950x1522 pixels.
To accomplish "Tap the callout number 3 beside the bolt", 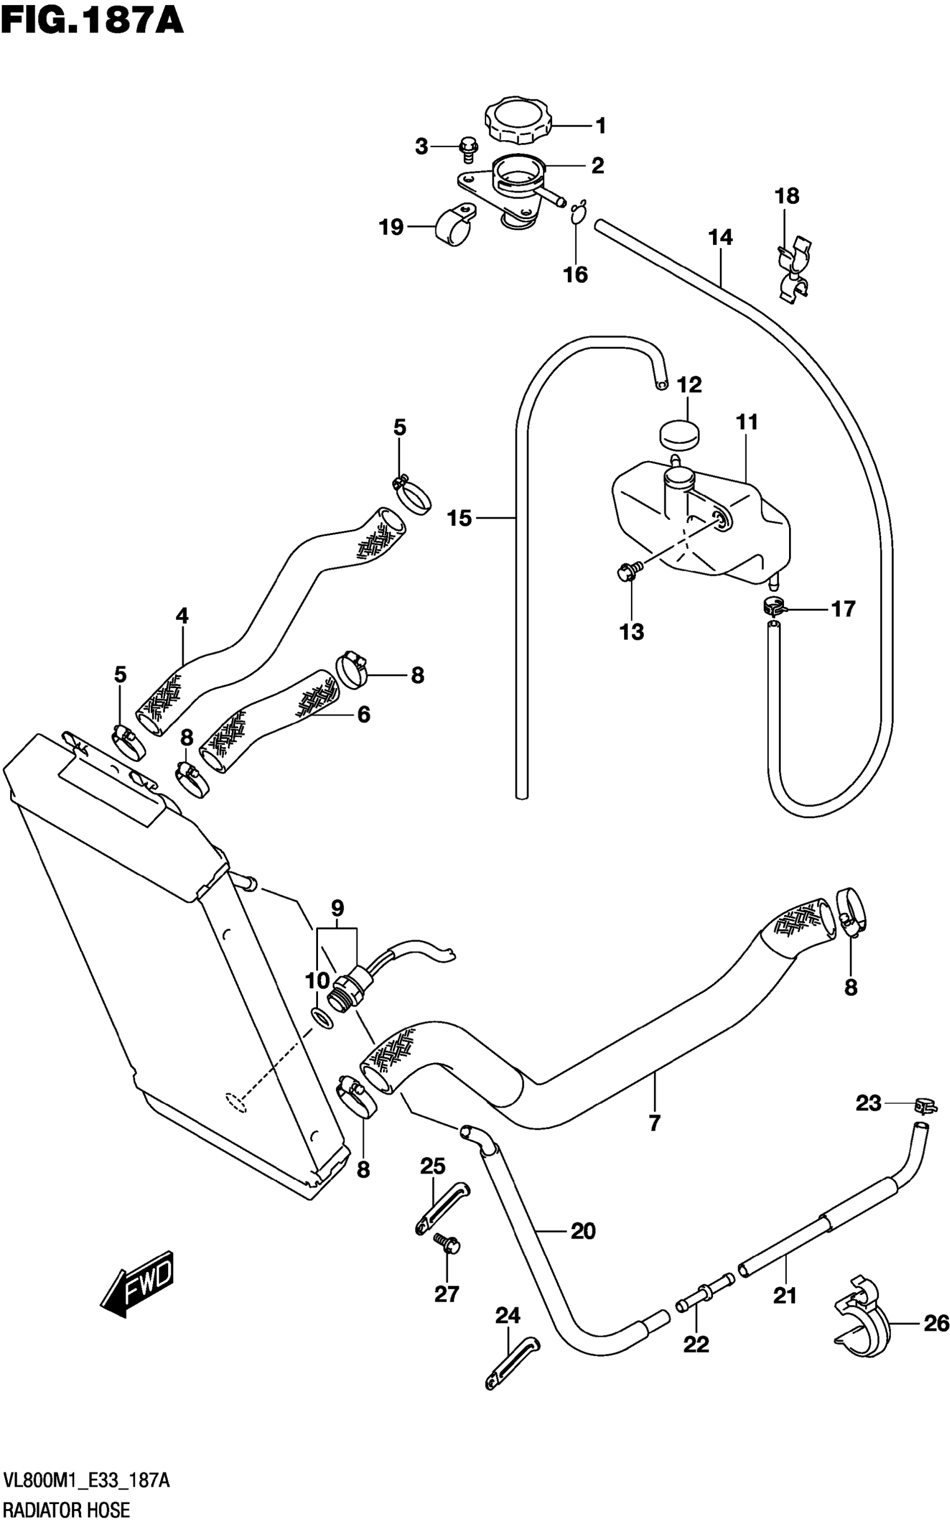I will [x=421, y=147].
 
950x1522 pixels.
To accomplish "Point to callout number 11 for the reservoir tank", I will [x=747, y=423].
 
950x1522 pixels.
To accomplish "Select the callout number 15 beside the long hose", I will [x=459, y=519].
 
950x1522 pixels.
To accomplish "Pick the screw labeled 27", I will [x=446, y=1243].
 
